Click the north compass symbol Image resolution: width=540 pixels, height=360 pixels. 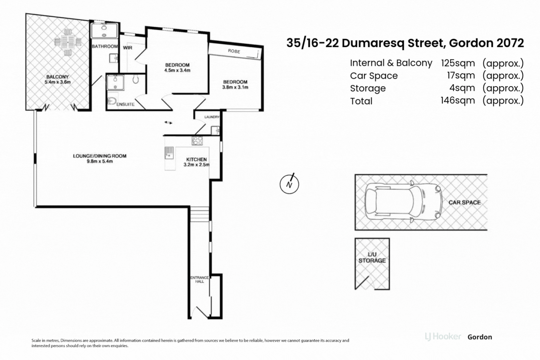[x=289, y=184]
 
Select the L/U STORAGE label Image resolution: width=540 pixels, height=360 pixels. [x=372, y=257]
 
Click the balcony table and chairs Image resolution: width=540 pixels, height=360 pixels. [x=68, y=42]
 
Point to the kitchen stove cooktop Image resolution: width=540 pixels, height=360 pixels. [x=197, y=141]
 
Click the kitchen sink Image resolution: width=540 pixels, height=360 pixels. [x=169, y=153]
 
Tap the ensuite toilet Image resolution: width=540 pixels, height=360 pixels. [x=111, y=101]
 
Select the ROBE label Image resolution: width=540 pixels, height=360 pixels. [x=234, y=51]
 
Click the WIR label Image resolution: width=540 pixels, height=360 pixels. [x=128, y=48]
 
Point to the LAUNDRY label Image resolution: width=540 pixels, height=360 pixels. [x=212, y=117]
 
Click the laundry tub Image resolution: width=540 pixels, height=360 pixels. [x=215, y=131]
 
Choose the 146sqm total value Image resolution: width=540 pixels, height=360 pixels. [x=458, y=101]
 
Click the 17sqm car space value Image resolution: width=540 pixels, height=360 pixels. [x=461, y=76]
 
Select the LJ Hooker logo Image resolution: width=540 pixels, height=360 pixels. [x=443, y=337]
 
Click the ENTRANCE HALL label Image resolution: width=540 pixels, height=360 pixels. [x=199, y=279]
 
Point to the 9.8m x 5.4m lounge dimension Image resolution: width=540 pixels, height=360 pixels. [x=100, y=162]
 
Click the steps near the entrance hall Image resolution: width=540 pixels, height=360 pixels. [x=199, y=214]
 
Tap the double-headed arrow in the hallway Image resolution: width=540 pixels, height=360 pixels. [x=168, y=123]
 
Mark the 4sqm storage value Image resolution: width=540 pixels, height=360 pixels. [x=462, y=88]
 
